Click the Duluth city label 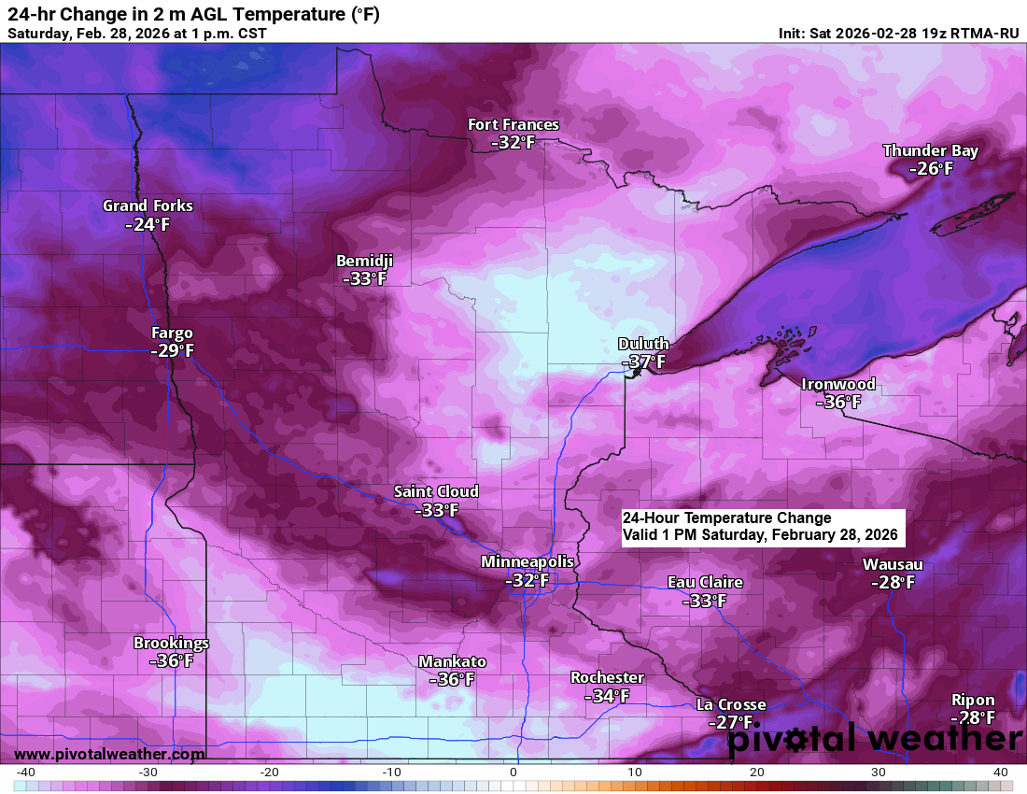(643, 344)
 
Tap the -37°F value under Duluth (643, 362)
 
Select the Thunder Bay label (930, 150)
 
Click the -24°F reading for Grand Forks (148, 224)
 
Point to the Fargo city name (172, 333)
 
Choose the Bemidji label (365, 261)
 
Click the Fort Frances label (513, 124)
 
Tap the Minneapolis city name (528, 561)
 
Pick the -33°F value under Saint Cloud (436, 510)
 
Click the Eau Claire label (705, 582)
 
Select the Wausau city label (893, 564)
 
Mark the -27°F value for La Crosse (730, 722)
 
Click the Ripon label (973, 700)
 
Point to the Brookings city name (171, 643)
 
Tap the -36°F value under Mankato (452, 679)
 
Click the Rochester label (607, 677)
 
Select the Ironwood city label (838, 384)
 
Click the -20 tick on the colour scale (271, 772)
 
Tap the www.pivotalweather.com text (109, 754)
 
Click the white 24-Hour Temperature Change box (763, 527)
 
